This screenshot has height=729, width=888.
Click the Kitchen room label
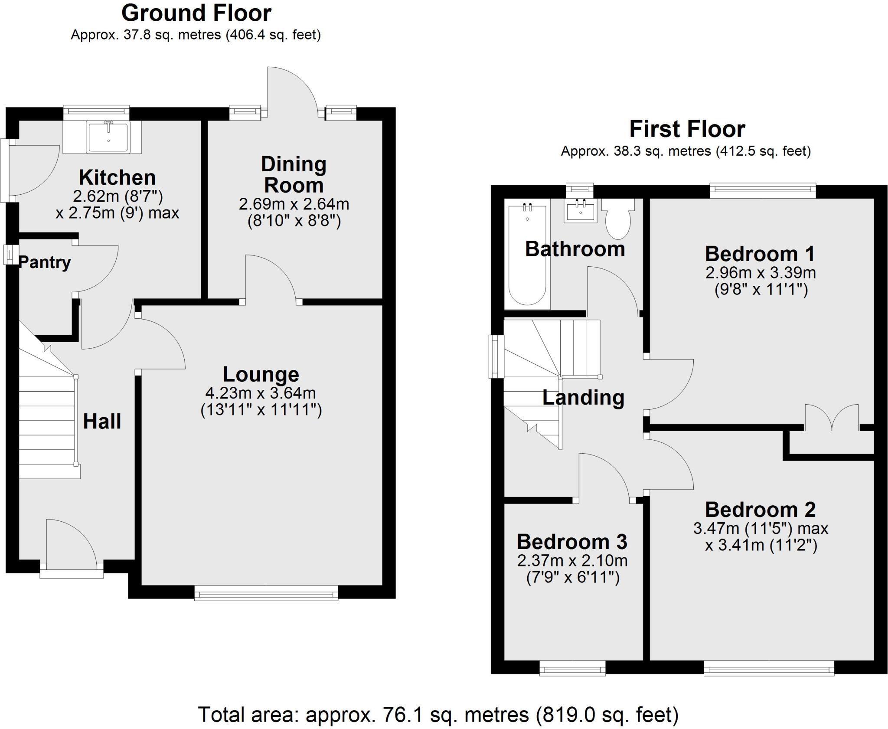(x=117, y=178)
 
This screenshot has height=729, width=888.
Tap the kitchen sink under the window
(x=108, y=137)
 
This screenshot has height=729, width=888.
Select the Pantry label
(x=45, y=262)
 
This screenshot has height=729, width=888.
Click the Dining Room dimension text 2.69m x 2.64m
(x=294, y=204)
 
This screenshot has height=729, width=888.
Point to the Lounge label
(x=261, y=374)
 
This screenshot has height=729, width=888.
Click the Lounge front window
(x=266, y=593)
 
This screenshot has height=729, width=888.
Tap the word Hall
(x=102, y=422)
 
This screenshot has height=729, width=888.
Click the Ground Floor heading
(x=196, y=13)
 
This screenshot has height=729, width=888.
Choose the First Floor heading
(x=687, y=129)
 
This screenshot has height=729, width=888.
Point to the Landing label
(x=583, y=398)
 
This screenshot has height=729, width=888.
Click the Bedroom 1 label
(x=760, y=254)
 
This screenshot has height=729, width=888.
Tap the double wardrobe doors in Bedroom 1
(x=832, y=418)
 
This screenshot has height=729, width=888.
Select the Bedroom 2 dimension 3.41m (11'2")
(x=761, y=545)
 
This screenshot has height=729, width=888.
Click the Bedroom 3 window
(x=572, y=668)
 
